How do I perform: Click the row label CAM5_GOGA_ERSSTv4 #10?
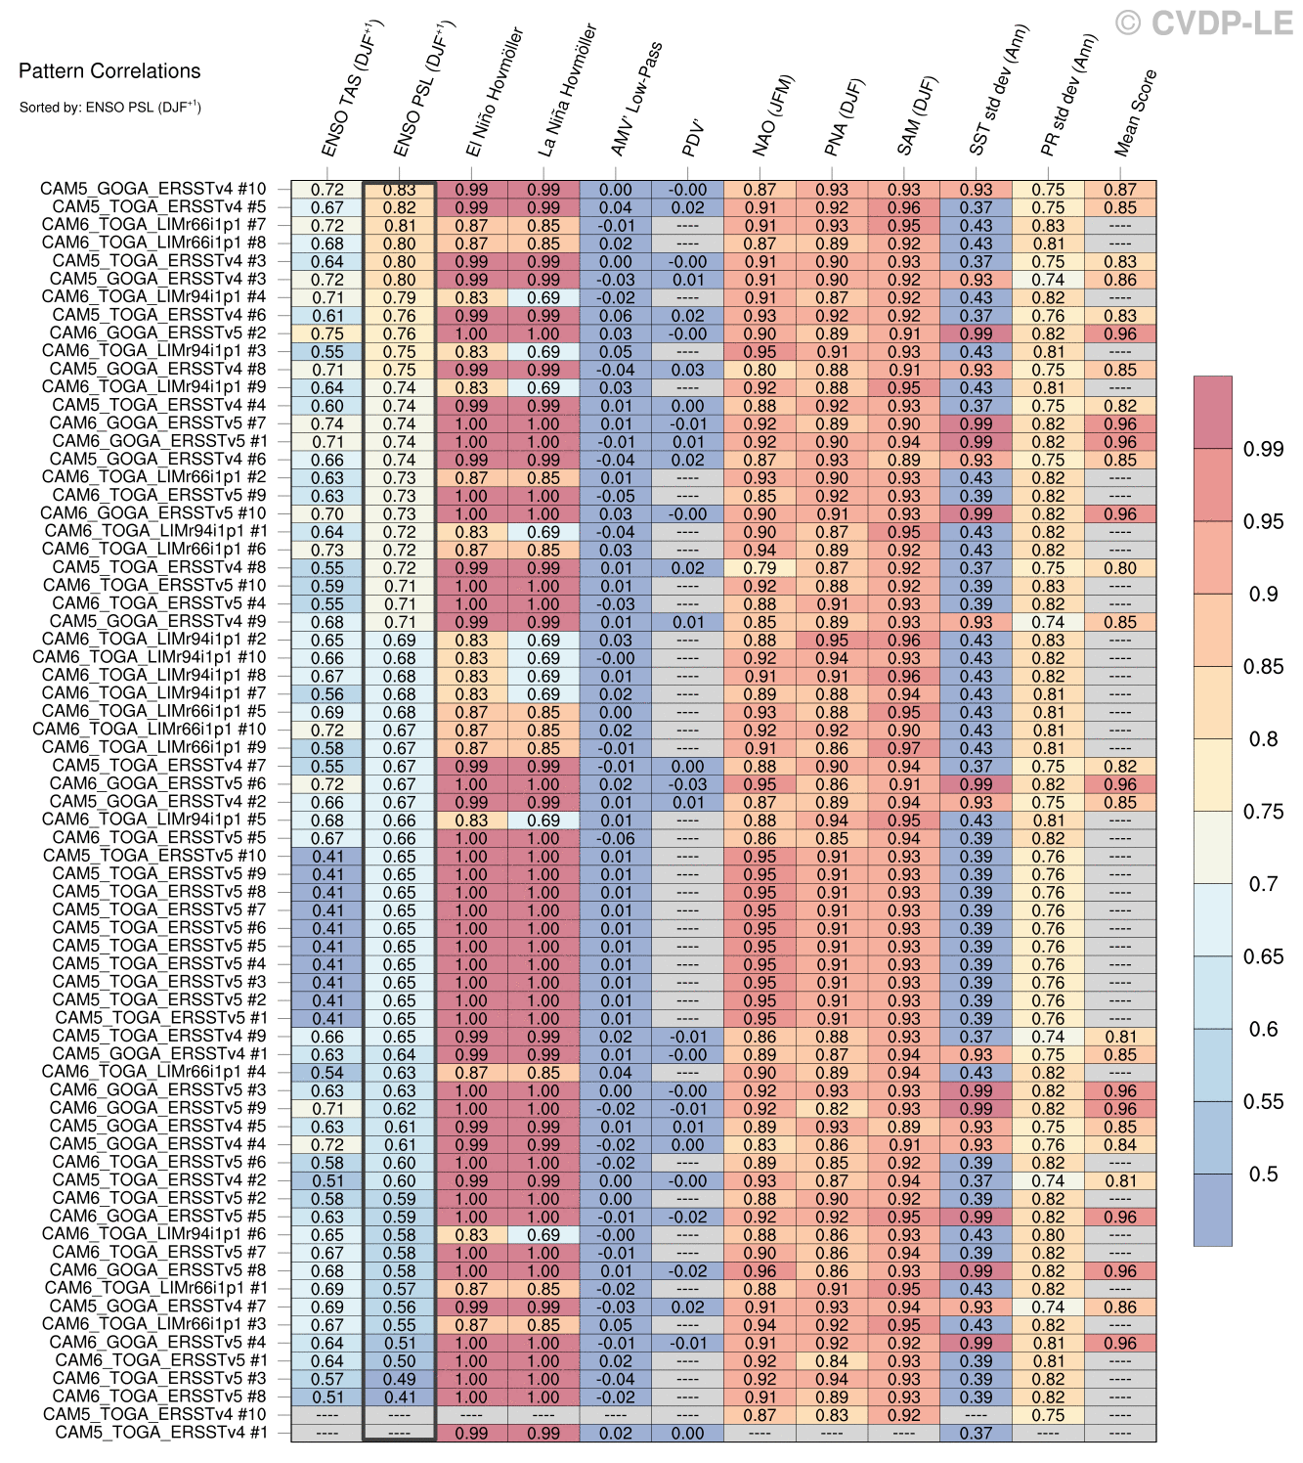(x=152, y=190)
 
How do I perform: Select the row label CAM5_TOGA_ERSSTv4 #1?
(x=160, y=1433)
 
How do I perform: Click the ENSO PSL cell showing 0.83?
(x=399, y=190)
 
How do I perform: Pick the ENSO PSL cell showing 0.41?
(x=399, y=1396)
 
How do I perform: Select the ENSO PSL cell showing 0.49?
(x=399, y=1379)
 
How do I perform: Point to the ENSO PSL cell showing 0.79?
(x=399, y=297)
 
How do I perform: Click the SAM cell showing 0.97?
(x=904, y=748)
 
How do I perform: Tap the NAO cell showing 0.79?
(x=760, y=568)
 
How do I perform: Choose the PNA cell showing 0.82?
(x=832, y=1109)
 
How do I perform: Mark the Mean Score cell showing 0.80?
(x=1120, y=568)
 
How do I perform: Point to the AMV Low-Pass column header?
(x=636, y=99)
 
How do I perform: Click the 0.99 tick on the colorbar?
(x=1262, y=449)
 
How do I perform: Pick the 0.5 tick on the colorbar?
(x=1262, y=1174)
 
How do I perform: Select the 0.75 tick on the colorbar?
(x=1262, y=812)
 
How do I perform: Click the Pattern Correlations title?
(x=109, y=70)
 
